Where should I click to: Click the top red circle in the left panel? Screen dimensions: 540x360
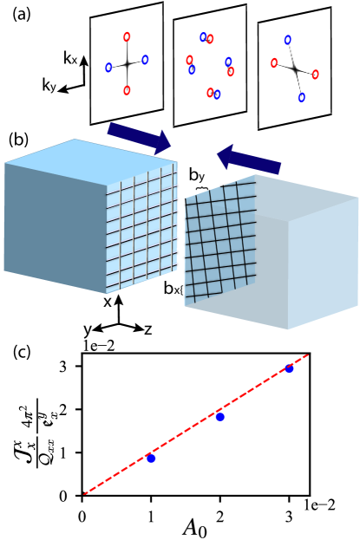(127, 37)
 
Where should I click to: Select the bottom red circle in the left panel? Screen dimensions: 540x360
(127, 90)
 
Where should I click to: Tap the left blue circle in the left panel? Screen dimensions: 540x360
(108, 68)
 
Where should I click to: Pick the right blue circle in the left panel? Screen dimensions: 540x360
(145, 60)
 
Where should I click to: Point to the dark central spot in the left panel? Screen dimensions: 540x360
(127, 64)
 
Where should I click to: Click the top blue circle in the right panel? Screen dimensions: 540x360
(288, 40)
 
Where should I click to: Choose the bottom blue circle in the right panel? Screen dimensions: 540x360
(302, 97)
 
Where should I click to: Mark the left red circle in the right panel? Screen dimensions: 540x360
(274, 62)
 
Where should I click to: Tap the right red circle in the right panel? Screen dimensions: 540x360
(315, 75)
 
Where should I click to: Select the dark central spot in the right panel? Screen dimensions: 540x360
(295, 68)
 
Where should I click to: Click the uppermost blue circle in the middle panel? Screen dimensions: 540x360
(203, 37)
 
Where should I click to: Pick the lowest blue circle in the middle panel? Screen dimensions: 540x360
(217, 94)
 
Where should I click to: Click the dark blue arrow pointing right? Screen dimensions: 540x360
(139, 138)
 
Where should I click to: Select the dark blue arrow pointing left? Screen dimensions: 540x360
(249, 159)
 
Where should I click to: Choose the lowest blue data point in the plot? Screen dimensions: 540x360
(151, 458)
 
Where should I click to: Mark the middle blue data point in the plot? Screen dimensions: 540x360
(220, 417)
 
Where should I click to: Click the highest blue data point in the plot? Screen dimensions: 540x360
(289, 368)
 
